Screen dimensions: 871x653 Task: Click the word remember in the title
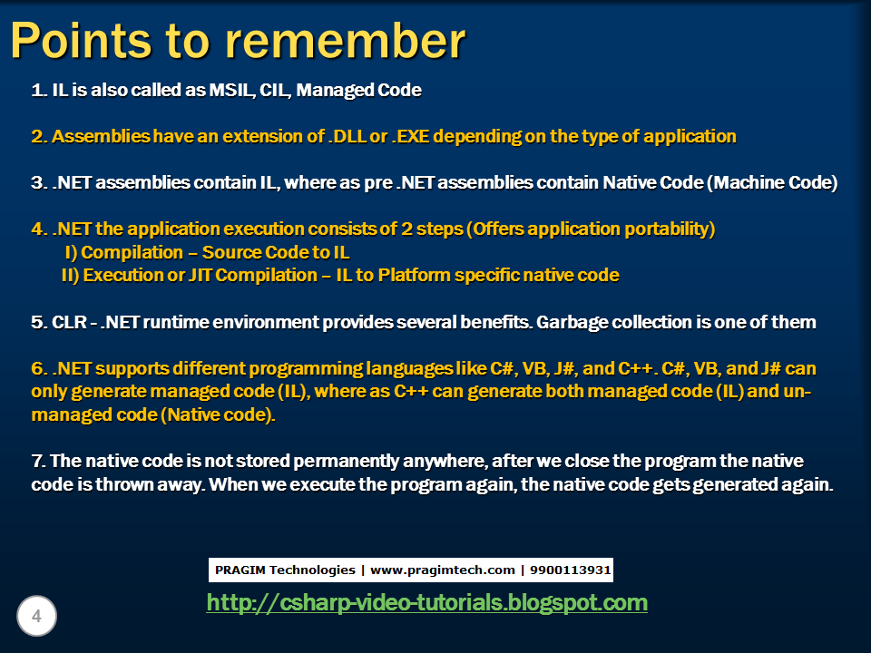pos(346,41)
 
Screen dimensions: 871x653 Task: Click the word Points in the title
pos(81,40)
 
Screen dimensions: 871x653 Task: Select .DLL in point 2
pos(347,136)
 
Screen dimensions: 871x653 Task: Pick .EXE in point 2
pos(410,136)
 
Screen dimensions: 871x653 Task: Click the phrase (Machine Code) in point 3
pos(772,182)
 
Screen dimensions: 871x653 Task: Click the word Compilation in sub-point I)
pos(132,253)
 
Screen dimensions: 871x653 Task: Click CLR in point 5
pos(69,322)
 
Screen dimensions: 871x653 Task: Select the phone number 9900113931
pos(571,570)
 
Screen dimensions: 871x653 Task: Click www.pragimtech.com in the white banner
pos(443,570)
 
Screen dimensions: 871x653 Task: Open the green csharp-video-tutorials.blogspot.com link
pos(426,603)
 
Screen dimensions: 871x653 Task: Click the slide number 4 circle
pos(36,616)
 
